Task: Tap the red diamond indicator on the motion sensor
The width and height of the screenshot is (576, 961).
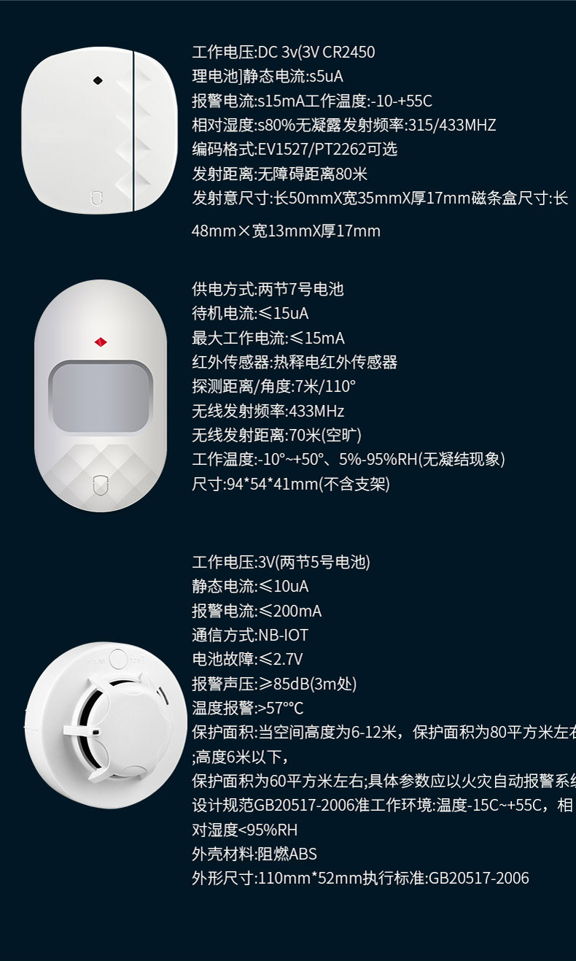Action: [x=101, y=341]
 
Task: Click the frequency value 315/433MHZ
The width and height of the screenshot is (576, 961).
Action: [x=450, y=125]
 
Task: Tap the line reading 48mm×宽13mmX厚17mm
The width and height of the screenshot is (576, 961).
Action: [x=286, y=231]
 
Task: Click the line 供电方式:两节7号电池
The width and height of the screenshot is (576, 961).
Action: [x=268, y=289]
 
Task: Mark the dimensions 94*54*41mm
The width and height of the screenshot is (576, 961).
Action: [x=268, y=484]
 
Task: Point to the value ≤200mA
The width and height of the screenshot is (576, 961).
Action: [x=290, y=611]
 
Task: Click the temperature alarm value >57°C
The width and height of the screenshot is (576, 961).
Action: [x=281, y=708]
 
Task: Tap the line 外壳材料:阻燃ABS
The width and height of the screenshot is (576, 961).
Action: [x=254, y=854]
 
